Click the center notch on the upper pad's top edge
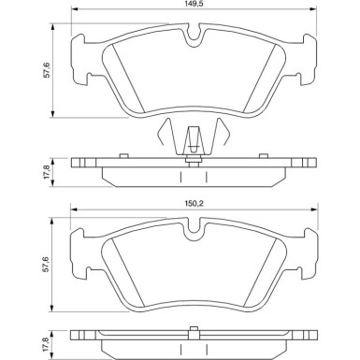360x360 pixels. coord(194,38)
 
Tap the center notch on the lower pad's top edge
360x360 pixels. coord(194,228)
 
